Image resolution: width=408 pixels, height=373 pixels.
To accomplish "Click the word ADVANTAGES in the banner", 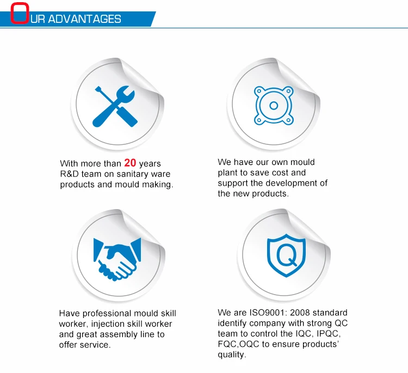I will pyautogui.click(x=84, y=19).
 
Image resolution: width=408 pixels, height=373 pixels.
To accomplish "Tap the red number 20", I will pyautogui.click(x=130, y=163).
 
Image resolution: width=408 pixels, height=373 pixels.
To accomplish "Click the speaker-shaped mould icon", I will pyautogui.click(x=275, y=105).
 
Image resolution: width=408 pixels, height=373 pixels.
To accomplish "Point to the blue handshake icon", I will pyautogui.click(x=116, y=258).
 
